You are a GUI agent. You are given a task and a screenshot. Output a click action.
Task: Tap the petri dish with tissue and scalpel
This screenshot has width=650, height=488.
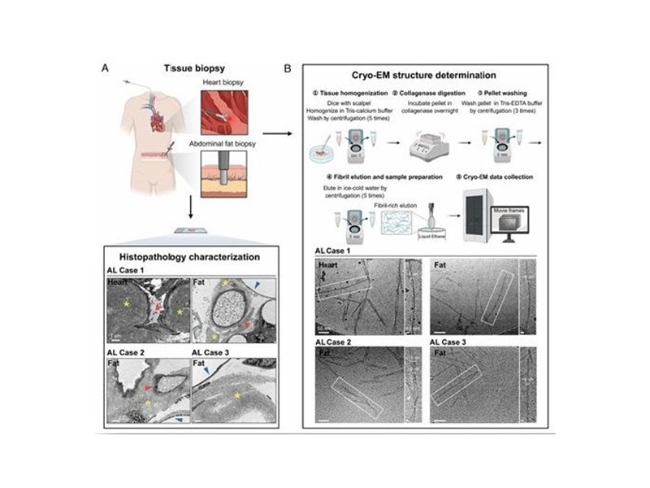coord(328,146)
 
